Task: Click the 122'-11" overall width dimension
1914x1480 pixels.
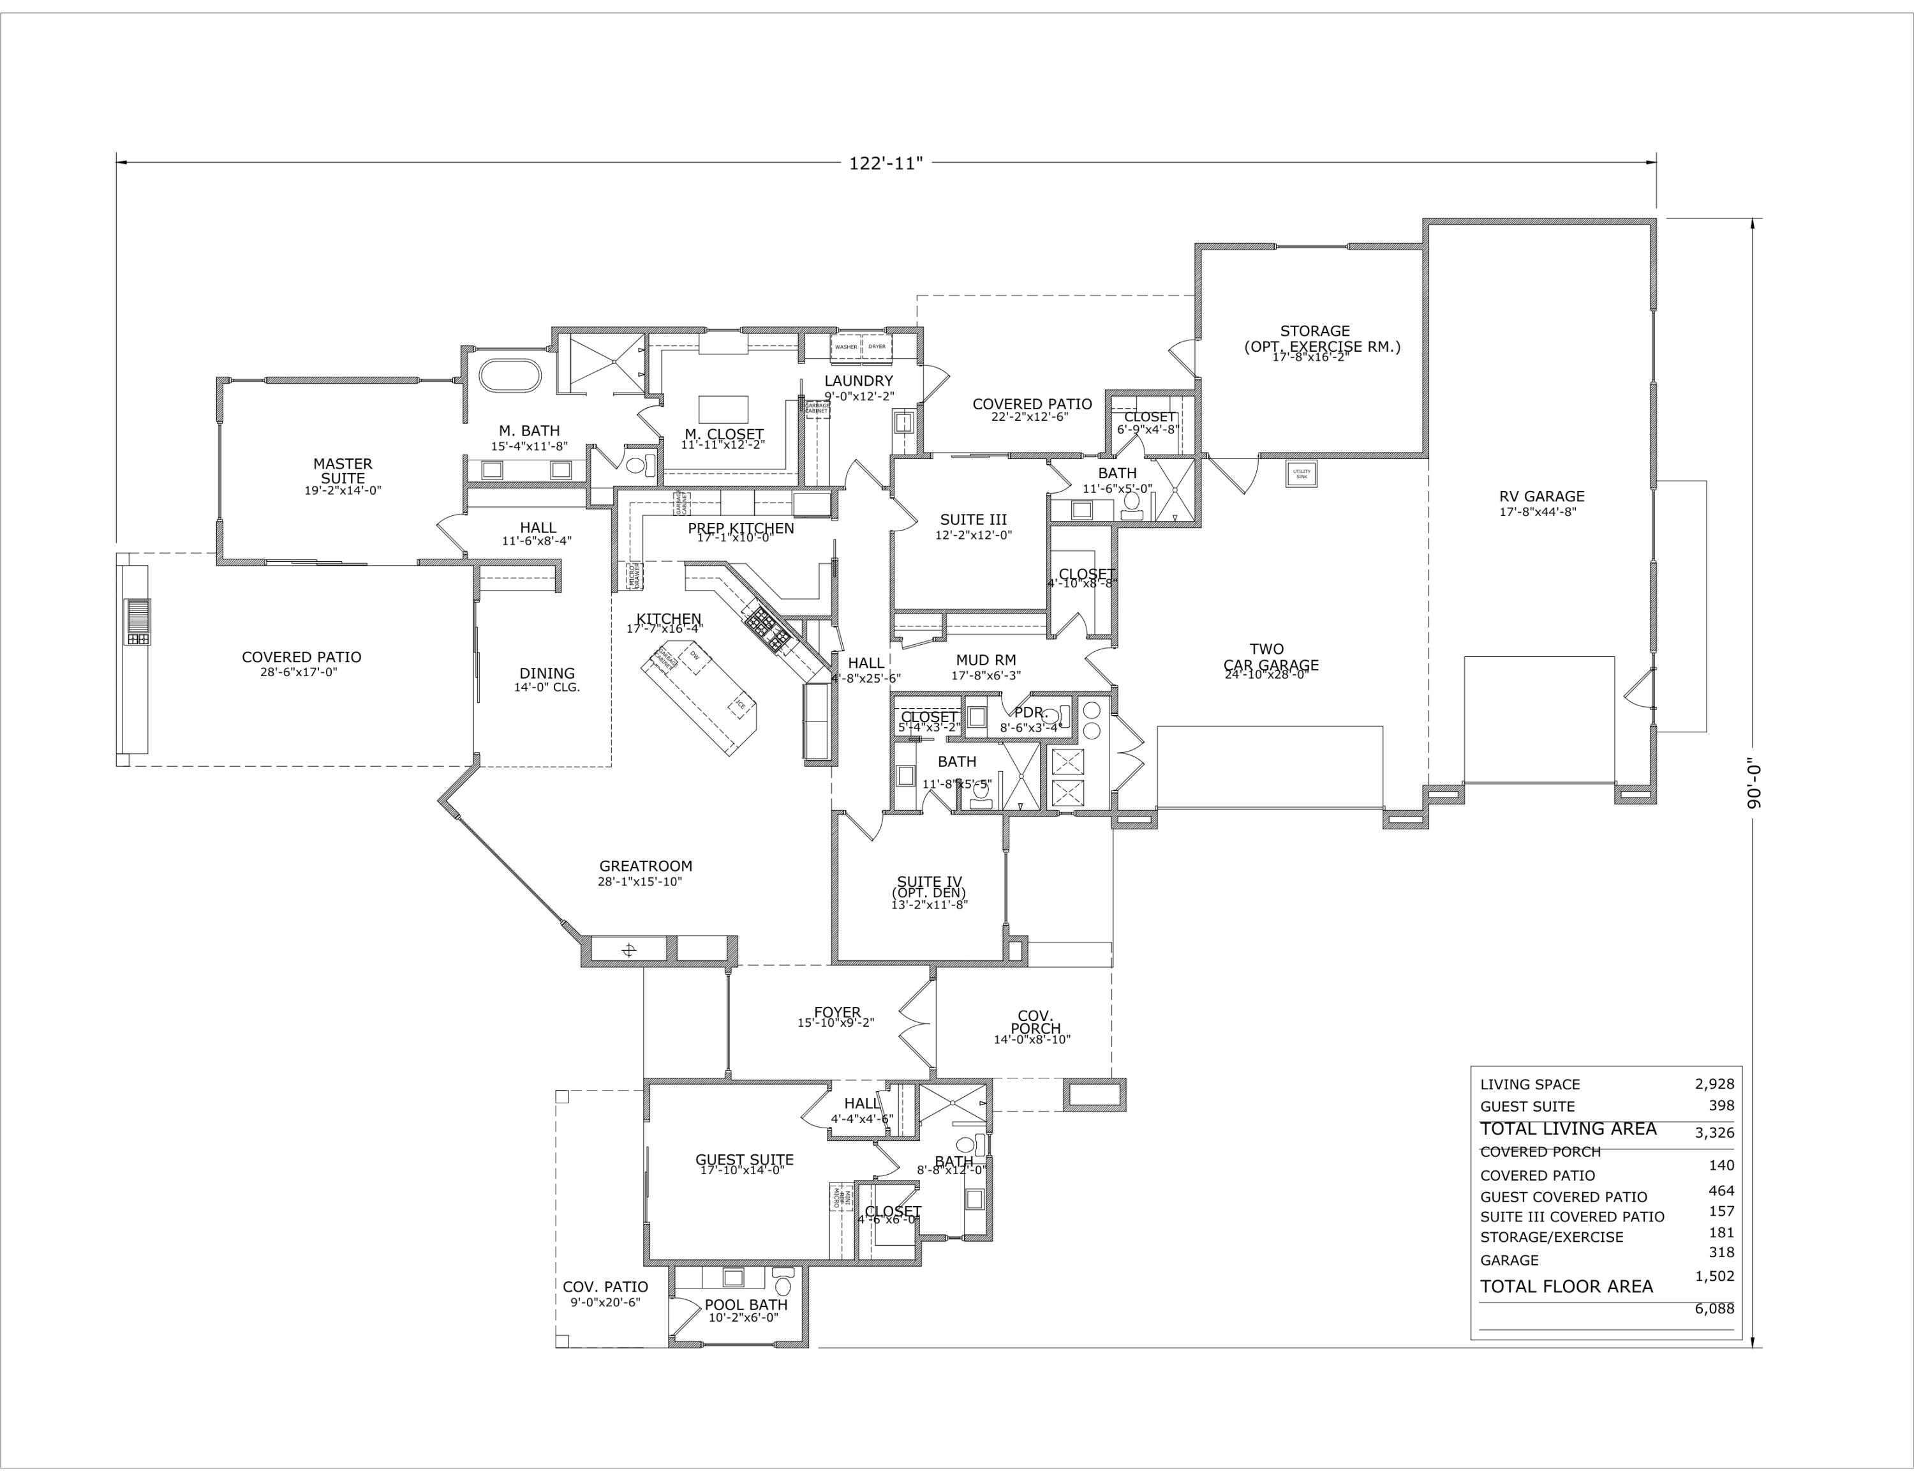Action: click(885, 163)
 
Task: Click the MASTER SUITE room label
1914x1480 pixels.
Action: click(343, 471)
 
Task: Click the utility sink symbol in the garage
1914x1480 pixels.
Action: click(1302, 474)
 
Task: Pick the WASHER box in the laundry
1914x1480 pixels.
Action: click(846, 346)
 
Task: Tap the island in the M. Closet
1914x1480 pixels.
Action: click(723, 409)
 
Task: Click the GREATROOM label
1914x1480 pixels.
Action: click(645, 866)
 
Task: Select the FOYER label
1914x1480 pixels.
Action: click(837, 1013)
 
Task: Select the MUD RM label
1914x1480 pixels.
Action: click(985, 660)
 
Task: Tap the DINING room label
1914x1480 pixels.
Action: click(547, 674)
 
